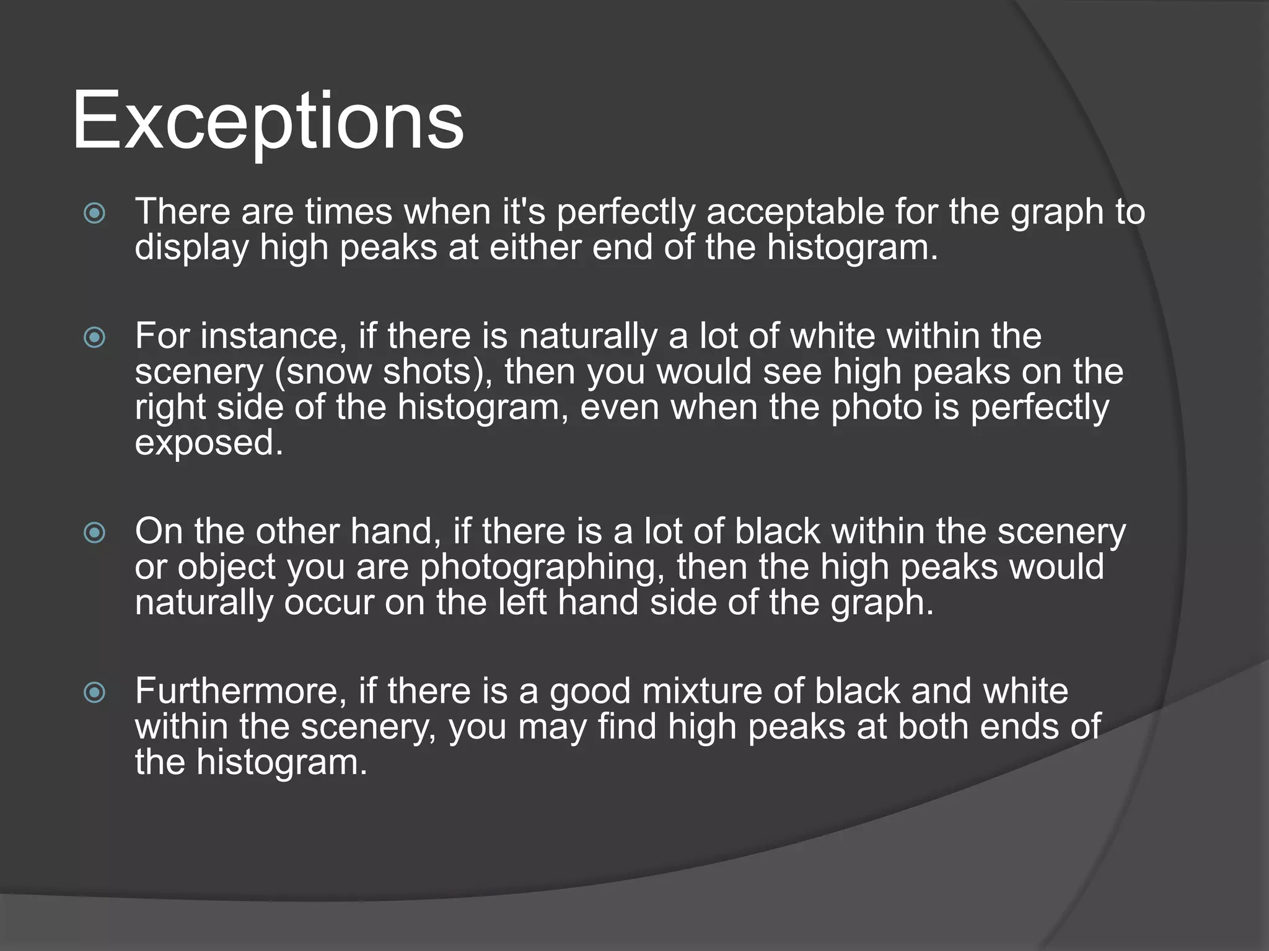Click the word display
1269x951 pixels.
click(x=191, y=248)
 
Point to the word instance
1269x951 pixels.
click(x=269, y=336)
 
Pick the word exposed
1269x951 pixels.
click(x=208, y=443)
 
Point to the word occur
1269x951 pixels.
click(x=329, y=602)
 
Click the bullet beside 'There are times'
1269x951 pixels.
click(x=94, y=214)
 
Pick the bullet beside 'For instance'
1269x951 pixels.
click(x=94, y=337)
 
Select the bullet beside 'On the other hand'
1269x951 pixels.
click(x=94, y=532)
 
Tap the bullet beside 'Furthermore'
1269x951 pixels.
click(x=94, y=692)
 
